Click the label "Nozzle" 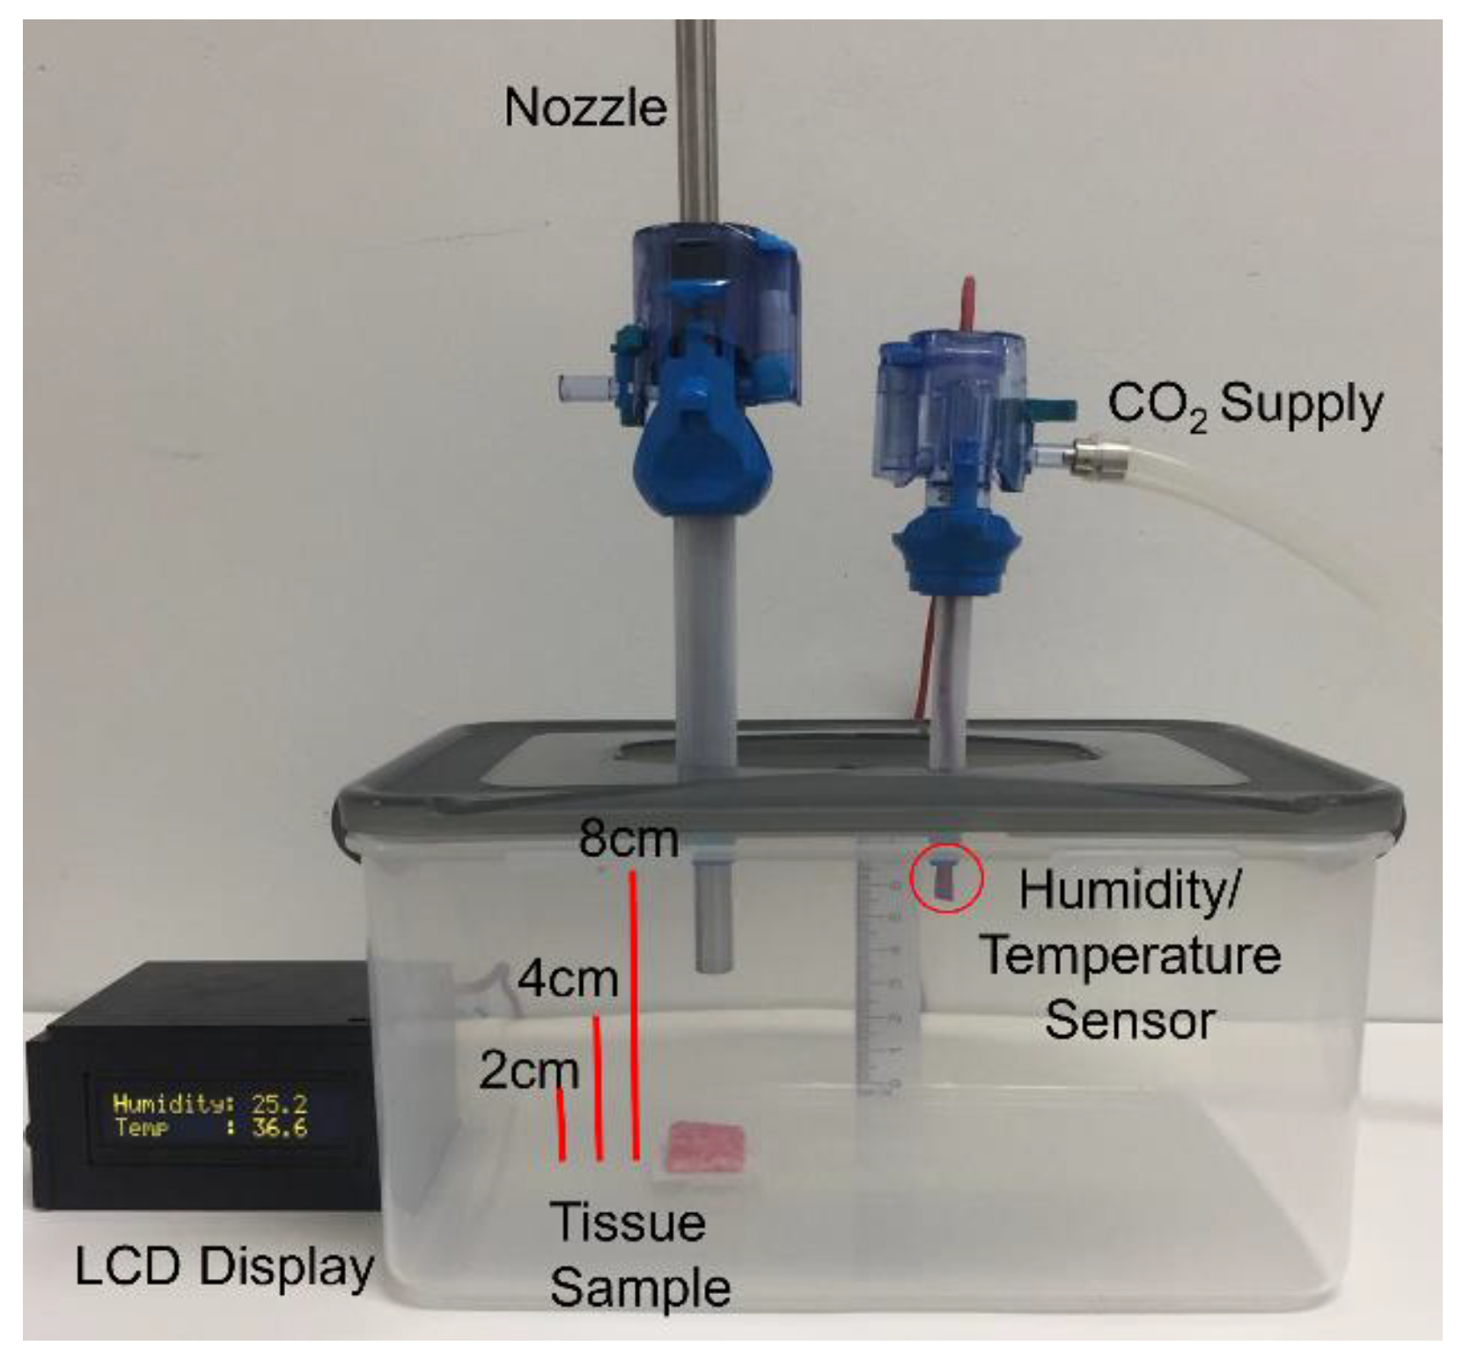click(x=584, y=108)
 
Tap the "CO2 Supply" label click(x=1244, y=406)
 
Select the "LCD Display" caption click(x=224, y=1268)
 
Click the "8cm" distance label click(x=628, y=839)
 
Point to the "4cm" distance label click(x=567, y=979)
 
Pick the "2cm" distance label click(x=528, y=1071)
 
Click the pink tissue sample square click(x=706, y=1146)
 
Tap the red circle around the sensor click(x=945, y=878)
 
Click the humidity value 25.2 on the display click(x=279, y=1104)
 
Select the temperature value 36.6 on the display click(x=279, y=1128)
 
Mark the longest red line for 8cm click(x=634, y=1012)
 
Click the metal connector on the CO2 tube click(x=1084, y=457)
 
